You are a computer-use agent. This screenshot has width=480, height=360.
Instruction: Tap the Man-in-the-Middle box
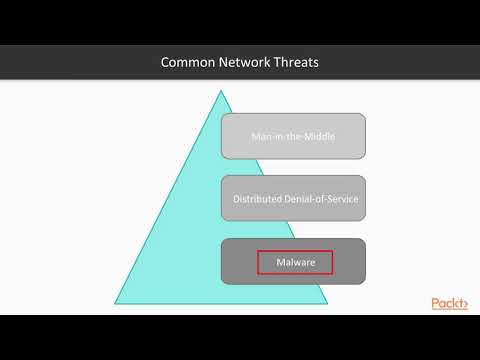293,137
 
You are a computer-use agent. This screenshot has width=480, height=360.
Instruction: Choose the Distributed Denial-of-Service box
293,199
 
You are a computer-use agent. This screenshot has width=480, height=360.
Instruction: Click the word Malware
295,262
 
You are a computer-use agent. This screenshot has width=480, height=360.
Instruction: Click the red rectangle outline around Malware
259,262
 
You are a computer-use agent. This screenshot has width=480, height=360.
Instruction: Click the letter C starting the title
166,63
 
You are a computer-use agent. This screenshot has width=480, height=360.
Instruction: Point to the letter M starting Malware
279,262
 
